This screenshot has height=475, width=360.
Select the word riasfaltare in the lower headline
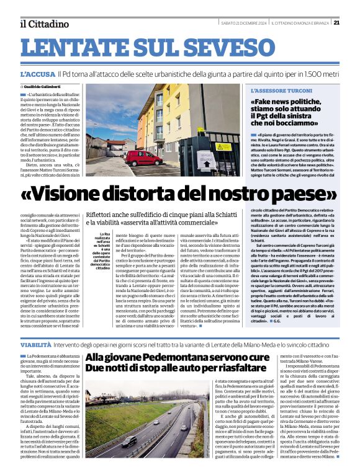(228, 368)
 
